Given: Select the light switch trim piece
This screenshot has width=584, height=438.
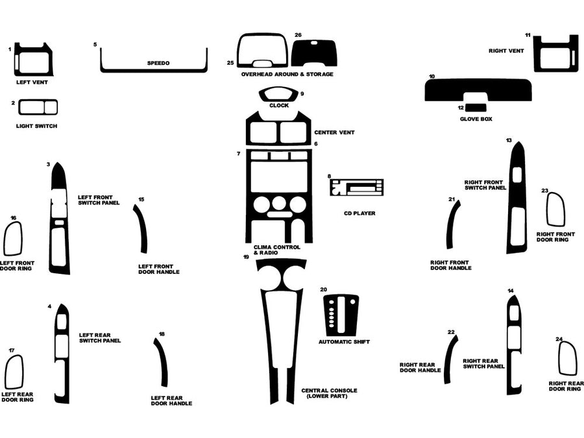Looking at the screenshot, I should coord(38,107).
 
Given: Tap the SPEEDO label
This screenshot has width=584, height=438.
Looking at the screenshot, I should coord(158,64).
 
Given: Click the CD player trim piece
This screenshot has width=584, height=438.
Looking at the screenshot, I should coord(356,188).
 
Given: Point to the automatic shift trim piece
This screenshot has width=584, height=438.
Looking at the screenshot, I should coord(341,315).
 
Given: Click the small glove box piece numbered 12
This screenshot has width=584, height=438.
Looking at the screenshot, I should coord(478,108).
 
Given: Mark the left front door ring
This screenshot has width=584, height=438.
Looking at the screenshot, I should coord(13,238).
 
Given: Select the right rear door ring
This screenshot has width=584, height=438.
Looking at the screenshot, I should coord(568,358).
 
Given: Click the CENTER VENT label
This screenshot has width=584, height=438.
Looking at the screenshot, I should coord(334,132).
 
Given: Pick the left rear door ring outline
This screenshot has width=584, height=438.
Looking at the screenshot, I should coord(14,372).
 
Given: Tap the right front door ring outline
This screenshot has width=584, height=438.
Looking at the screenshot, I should coord(555,210).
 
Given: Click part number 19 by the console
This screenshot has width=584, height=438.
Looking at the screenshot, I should coord(246,257).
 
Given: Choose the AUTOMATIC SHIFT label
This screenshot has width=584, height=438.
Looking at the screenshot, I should coord(344,341).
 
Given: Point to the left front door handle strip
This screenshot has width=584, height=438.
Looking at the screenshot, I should coord(142,229).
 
